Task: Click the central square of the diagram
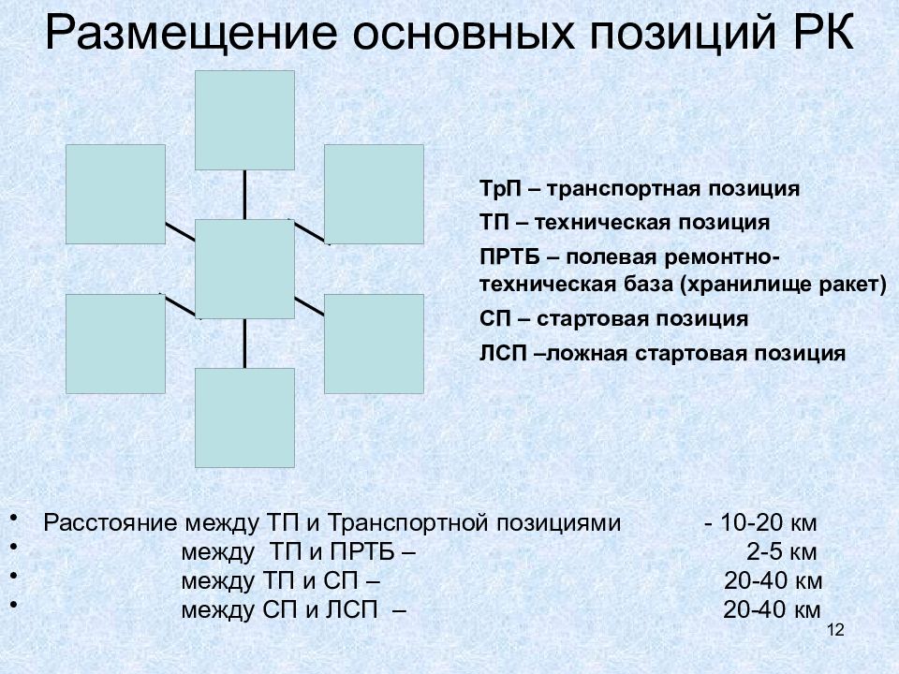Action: (244, 269)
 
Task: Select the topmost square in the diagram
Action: (244, 121)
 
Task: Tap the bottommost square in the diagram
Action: (244, 418)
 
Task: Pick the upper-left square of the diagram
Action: (116, 195)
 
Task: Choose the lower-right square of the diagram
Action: (374, 344)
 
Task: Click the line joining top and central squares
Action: (244, 195)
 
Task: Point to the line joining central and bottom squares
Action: (244, 344)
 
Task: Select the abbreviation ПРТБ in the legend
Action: (509, 256)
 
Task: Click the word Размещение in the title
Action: (190, 34)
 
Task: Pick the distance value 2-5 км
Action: (781, 552)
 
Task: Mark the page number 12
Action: (836, 630)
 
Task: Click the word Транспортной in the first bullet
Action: (407, 523)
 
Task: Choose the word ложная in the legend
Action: (587, 354)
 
